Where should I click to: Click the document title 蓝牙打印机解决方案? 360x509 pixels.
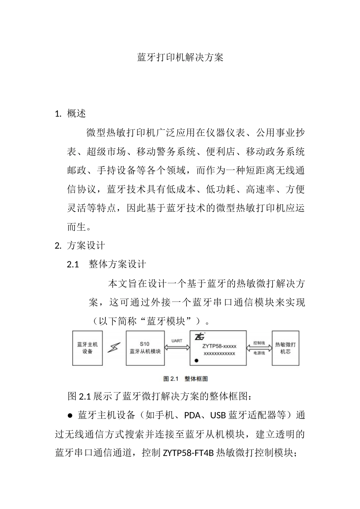pos(180,58)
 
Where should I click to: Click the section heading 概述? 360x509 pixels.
pos(77,114)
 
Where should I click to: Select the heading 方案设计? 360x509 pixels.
pos(86,245)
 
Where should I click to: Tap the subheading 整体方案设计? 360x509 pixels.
pos(117,264)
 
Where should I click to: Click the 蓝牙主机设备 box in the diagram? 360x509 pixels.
pos(88,348)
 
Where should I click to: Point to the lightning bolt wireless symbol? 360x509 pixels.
pos(114,347)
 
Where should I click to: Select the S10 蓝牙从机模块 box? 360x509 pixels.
pos(145,348)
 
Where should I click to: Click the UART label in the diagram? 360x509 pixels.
pos(177,341)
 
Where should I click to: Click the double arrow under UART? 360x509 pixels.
pos(177,348)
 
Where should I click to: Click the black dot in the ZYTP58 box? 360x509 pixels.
pos(196,361)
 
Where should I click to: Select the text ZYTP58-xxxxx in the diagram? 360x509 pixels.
pos(219,346)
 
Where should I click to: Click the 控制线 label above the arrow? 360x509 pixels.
pos(259,343)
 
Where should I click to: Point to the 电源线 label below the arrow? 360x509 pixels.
pos(259,353)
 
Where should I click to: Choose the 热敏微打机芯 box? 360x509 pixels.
pos(285,348)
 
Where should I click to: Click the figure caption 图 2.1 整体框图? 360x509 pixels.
pos(185,379)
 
